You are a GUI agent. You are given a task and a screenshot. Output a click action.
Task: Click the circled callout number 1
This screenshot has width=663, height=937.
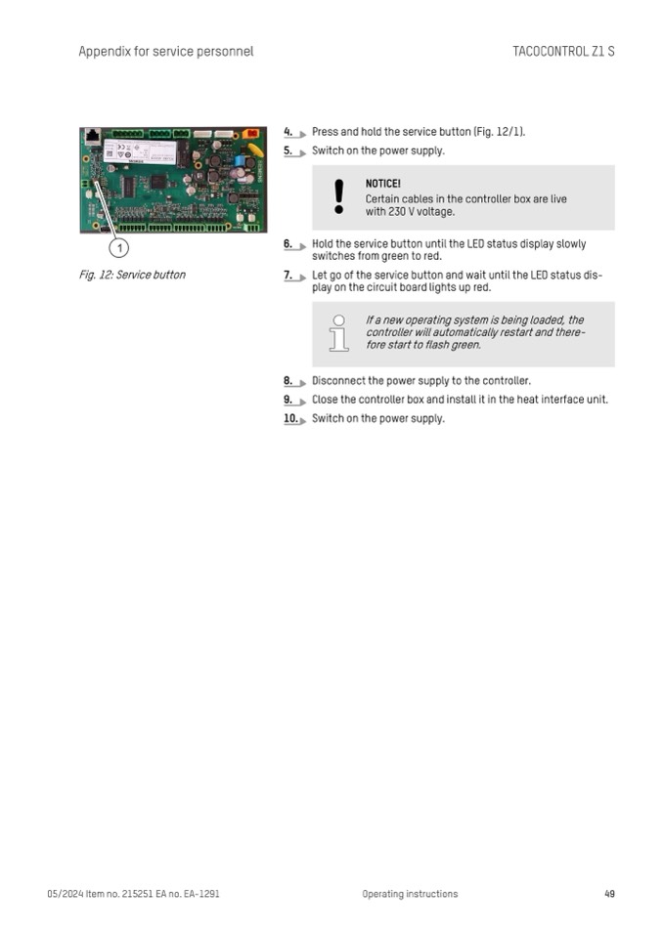(x=119, y=247)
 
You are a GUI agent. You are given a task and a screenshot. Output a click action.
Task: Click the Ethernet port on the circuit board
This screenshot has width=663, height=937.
(x=93, y=136)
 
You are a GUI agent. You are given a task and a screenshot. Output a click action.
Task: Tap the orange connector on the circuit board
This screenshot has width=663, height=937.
(x=250, y=133)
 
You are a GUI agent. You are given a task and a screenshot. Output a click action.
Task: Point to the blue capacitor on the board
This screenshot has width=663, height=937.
(x=240, y=161)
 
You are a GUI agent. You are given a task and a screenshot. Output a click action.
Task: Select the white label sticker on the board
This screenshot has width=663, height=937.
(x=139, y=151)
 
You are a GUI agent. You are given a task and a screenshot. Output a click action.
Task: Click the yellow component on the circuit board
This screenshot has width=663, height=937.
(x=255, y=149)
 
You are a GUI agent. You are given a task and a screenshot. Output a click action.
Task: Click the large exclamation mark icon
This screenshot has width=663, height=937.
(x=339, y=196)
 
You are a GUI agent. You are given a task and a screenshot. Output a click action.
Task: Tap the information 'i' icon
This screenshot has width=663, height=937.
(x=339, y=333)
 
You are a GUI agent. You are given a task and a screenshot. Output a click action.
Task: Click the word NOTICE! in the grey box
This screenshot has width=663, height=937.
(x=383, y=184)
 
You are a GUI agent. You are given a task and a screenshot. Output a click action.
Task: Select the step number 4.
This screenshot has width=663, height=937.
(x=287, y=132)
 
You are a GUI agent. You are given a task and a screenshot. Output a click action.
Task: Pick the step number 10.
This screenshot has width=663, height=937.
(x=290, y=418)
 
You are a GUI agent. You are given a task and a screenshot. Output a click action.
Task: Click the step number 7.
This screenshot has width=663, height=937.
(x=287, y=275)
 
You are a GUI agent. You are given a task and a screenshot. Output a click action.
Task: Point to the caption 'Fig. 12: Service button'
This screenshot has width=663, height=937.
(x=132, y=275)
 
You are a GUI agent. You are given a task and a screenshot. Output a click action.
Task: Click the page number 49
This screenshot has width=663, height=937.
(x=609, y=894)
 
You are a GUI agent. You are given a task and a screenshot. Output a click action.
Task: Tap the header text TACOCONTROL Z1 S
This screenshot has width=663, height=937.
(x=563, y=52)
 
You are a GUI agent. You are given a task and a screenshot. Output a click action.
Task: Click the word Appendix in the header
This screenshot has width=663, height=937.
(x=105, y=52)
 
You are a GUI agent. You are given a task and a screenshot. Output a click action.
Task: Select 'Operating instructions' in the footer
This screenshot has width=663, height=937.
(x=410, y=894)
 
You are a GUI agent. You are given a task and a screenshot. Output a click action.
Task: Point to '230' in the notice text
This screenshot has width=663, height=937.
(x=397, y=212)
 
